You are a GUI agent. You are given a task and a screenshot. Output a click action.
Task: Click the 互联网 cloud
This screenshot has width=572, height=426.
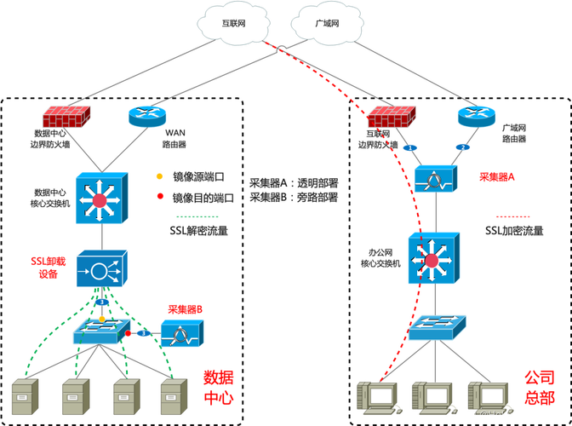[x=233, y=23]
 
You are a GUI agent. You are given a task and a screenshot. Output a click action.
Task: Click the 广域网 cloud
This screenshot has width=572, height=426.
[x=327, y=23]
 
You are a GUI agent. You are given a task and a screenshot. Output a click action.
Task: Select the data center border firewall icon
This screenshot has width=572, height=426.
[x=66, y=117]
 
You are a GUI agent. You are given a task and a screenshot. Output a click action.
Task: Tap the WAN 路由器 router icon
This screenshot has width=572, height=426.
[x=147, y=116]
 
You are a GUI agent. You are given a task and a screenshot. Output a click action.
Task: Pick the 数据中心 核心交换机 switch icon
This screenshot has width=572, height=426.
[x=102, y=198]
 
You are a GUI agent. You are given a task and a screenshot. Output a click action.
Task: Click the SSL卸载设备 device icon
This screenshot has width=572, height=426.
[x=102, y=268]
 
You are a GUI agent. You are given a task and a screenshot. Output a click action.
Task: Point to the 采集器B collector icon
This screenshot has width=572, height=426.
[x=182, y=333]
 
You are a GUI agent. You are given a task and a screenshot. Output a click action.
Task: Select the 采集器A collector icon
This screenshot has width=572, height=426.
[x=436, y=179]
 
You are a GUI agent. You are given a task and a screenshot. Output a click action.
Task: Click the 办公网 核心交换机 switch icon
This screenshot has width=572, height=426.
[x=434, y=258]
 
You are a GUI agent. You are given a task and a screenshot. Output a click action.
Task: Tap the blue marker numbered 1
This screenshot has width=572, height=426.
[x=410, y=148]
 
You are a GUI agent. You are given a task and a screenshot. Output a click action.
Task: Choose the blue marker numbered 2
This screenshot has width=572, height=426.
[x=463, y=147]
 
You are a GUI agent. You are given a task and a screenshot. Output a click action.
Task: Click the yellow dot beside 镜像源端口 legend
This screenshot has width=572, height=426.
[x=159, y=176]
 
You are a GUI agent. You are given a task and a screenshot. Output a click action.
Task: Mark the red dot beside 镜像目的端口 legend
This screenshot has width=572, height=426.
[x=160, y=197]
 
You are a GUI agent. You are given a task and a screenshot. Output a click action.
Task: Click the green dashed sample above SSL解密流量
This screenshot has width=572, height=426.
[x=197, y=216]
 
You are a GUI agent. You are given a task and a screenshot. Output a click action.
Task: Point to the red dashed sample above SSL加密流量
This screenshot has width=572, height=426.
[x=512, y=216]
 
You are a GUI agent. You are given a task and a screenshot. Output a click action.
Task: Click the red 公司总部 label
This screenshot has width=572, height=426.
[x=540, y=388]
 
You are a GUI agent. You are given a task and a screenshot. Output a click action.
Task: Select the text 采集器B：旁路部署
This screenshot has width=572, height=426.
[x=294, y=198]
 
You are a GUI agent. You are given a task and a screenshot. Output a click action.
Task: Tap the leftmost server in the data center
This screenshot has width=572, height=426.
[x=26, y=396]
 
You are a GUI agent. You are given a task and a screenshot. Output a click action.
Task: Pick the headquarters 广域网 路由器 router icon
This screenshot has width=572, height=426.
[x=477, y=116]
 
